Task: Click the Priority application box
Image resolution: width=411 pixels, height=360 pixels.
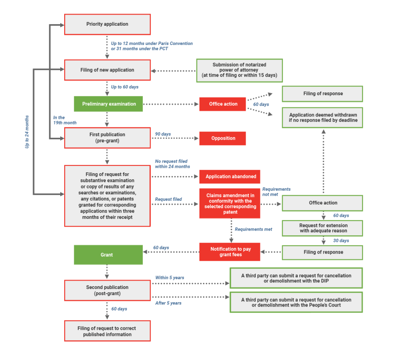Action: [107, 24]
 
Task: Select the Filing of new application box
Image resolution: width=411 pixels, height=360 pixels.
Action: [107, 70]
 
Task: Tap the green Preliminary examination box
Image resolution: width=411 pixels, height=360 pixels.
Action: [109, 104]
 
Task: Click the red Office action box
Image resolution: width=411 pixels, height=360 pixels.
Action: [223, 104]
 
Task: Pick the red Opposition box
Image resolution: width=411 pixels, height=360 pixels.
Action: [223, 138]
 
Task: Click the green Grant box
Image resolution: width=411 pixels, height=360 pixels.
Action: [108, 255]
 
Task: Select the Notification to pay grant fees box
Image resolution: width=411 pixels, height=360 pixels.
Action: [230, 252]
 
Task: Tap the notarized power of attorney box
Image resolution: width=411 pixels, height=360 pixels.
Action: [239, 70]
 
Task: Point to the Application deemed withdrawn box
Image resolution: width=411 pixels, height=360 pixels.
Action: [323, 117]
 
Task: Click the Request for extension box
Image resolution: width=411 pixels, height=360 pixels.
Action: [323, 228]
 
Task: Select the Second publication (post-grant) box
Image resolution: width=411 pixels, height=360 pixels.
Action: [107, 290]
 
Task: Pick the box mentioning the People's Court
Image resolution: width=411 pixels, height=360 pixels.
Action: [296, 302]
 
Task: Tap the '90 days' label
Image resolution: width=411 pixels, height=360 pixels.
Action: [163, 134]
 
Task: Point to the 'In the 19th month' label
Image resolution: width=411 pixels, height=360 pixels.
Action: [65, 120]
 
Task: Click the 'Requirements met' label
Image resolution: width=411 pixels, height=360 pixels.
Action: [253, 229]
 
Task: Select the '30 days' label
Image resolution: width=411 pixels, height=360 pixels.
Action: [341, 241]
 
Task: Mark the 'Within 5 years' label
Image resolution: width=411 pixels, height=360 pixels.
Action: [169, 278]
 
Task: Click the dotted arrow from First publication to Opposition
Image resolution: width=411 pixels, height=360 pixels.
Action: [175, 139]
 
